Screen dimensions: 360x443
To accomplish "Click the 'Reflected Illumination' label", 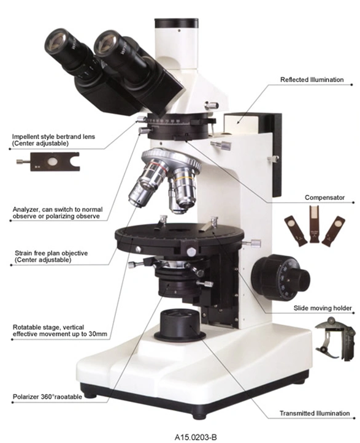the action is coord(312,80).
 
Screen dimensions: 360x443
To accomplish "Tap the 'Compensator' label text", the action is coord(324,197).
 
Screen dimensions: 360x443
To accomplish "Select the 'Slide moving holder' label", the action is coord(323,308).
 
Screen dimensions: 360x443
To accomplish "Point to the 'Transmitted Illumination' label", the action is coord(315,414).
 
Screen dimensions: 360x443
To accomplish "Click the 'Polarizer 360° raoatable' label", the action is coord(47,396).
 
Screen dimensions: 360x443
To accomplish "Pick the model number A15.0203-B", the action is coord(196,437).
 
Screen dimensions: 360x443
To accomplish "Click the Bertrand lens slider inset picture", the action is coord(48,162).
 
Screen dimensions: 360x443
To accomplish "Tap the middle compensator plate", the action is coord(314,224).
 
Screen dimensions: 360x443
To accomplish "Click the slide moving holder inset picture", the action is coord(335,338).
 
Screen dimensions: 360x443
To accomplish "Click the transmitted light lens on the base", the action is coord(180,324).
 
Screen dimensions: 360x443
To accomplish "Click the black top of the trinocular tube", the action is coord(176,23).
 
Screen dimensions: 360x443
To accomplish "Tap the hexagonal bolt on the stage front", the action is coord(191,251).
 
